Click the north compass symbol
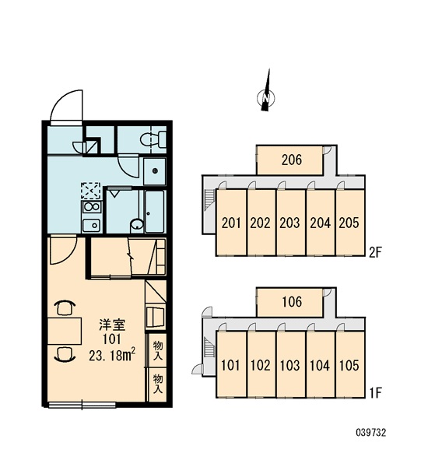tap(266, 94)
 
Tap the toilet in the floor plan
tap(153, 139)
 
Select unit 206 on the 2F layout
tap(289, 160)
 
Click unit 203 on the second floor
tap(291, 223)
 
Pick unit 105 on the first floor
tap(349, 364)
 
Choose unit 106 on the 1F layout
tap(289, 302)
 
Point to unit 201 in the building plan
tap(231, 223)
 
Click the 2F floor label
tap(375, 252)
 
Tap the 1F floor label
tap(376, 393)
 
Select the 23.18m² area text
tap(112, 356)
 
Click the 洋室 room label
tap(112, 325)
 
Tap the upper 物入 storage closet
tap(157, 350)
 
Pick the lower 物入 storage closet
tap(157, 384)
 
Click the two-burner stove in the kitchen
tap(92, 207)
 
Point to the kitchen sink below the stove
tap(92, 226)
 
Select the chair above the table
tap(65, 308)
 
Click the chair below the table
tap(65, 354)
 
